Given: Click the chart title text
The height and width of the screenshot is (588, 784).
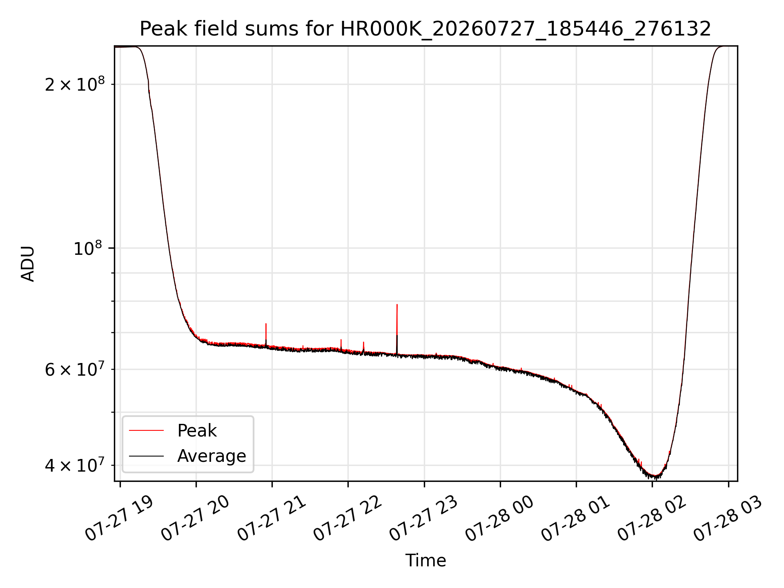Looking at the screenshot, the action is click(x=425, y=29).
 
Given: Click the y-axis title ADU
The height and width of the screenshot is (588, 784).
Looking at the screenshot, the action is click(x=28, y=264).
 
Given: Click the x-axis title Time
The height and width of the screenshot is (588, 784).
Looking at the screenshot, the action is click(x=425, y=560).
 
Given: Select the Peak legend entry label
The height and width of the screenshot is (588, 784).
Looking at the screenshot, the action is click(x=197, y=431).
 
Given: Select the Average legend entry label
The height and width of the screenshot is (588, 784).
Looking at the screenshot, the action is click(x=212, y=456).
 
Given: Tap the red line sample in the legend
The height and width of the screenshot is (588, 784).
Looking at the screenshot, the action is click(x=146, y=430).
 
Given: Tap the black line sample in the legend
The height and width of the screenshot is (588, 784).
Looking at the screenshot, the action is click(x=146, y=456).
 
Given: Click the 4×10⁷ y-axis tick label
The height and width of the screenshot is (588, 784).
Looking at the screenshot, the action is click(x=75, y=465).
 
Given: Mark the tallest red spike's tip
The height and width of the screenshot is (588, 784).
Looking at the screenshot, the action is click(x=397, y=305).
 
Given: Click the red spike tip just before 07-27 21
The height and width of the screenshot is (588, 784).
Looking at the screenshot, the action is click(x=266, y=324).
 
